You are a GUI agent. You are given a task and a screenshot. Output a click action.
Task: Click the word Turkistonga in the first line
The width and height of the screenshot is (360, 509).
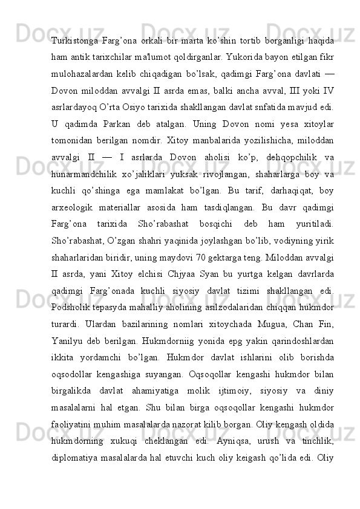[75, 41]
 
